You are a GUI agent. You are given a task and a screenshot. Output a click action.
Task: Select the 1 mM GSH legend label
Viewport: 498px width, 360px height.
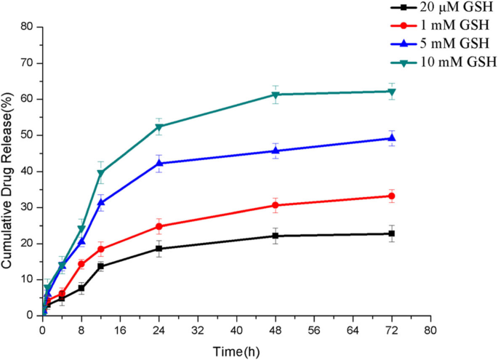tap(444, 25)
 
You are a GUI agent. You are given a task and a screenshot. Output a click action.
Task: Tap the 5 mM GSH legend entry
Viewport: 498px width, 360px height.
tap(444, 42)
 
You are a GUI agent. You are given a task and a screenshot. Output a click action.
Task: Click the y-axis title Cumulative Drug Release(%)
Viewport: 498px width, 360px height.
tap(8, 170)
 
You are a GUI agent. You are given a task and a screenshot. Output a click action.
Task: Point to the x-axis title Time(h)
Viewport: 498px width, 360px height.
tap(236, 352)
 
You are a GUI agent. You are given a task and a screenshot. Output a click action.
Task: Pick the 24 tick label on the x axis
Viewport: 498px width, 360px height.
tap(158, 329)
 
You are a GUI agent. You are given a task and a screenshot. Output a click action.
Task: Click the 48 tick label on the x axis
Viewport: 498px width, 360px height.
tap(276, 329)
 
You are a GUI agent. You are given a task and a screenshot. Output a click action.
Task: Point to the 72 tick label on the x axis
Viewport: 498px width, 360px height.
tap(392, 329)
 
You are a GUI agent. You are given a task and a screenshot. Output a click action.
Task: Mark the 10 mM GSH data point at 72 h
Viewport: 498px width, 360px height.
tap(392, 92)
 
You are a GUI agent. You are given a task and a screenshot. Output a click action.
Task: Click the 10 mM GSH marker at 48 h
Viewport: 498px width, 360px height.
tap(276, 95)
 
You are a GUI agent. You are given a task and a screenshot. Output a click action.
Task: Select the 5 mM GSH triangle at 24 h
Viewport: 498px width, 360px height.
tap(159, 163)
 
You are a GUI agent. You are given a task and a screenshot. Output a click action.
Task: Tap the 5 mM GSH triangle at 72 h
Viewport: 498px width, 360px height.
tap(392, 138)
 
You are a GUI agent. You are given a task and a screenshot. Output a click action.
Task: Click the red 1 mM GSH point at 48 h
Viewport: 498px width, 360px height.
tap(276, 205)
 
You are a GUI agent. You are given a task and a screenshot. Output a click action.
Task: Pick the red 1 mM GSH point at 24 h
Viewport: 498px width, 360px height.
tap(159, 226)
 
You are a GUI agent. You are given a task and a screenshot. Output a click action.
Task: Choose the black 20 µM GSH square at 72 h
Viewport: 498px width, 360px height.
tap(392, 233)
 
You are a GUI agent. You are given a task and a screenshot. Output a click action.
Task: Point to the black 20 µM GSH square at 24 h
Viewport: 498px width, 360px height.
tap(159, 249)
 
